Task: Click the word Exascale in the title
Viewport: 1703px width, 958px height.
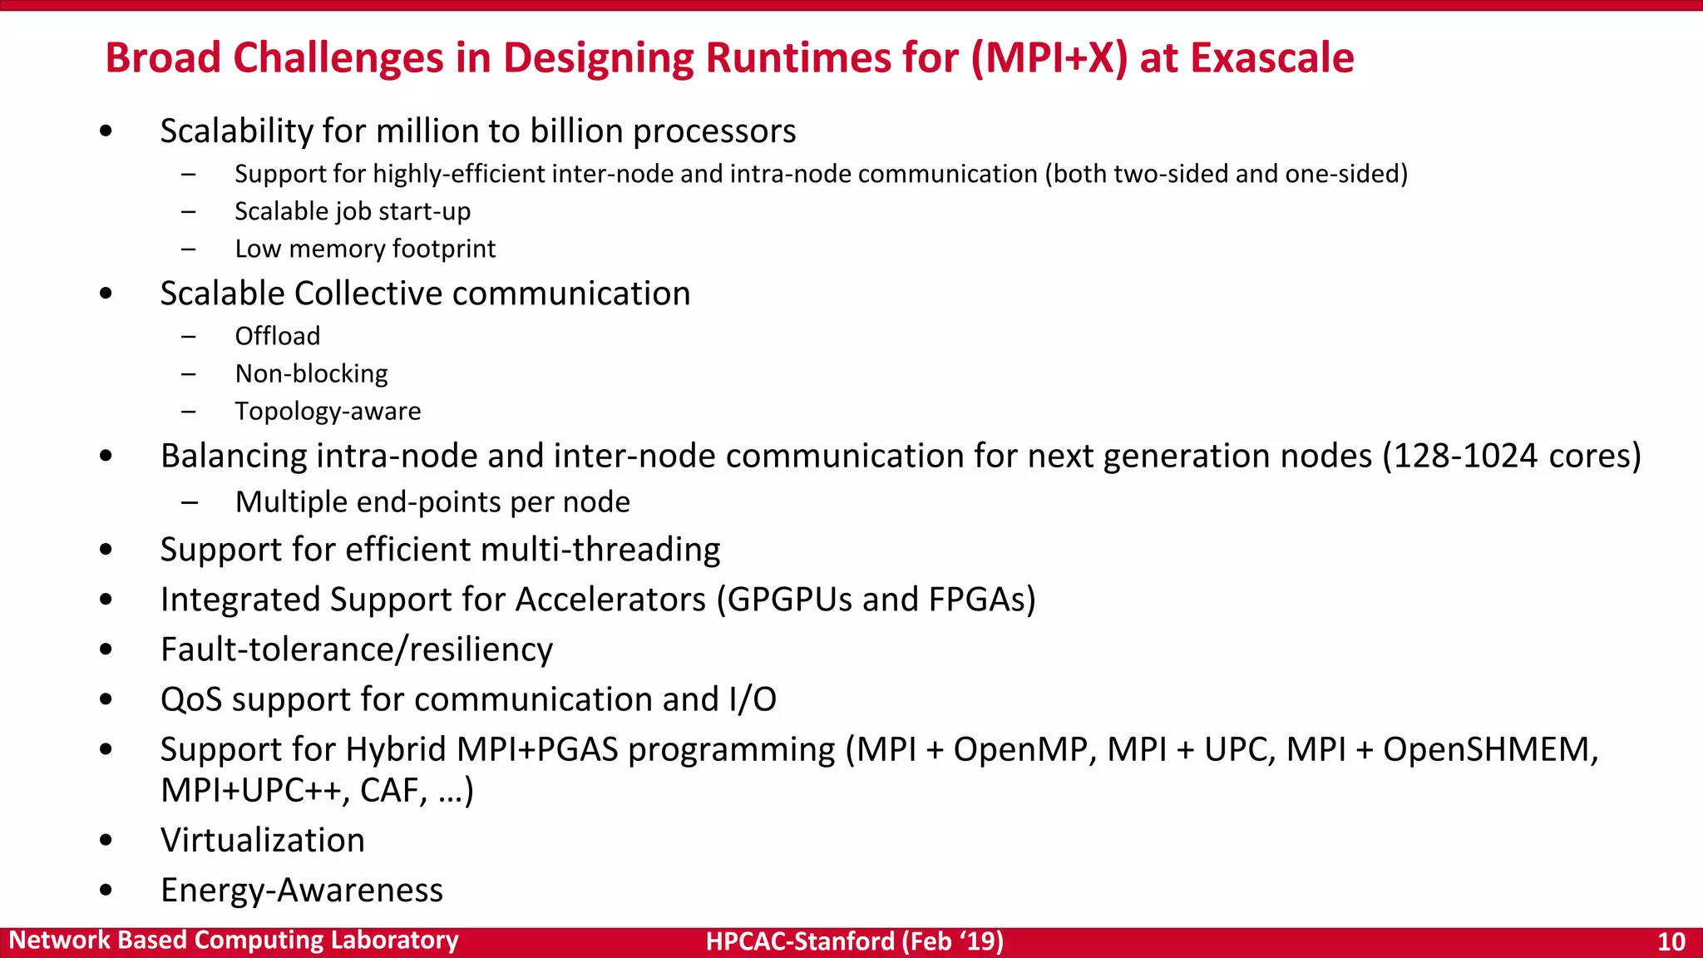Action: (1271, 58)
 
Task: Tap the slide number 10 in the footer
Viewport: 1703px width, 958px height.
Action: (1671, 941)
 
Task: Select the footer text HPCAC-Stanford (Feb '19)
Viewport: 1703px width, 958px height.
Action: (854, 941)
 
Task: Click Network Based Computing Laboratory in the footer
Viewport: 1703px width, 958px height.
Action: (234, 941)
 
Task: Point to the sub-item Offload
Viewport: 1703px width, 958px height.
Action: (277, 336)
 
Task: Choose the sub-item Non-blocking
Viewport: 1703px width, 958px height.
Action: (311, 373)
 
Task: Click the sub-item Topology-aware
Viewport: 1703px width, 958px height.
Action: (328, 411)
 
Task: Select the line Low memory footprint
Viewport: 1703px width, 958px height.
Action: (365, 249)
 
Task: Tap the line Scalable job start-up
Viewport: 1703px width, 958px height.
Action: (353, 211)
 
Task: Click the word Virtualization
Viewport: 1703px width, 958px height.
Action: (263, 840)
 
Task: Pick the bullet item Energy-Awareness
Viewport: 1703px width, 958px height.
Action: (301, 890)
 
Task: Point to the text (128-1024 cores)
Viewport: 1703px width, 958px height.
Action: (1512, 456)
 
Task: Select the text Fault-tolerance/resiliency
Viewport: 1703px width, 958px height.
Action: (356, 649)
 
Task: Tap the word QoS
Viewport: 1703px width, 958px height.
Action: (191, 699)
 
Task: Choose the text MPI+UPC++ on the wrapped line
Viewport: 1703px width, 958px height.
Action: (250, 790)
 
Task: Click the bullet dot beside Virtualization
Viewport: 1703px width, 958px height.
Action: (106, 841)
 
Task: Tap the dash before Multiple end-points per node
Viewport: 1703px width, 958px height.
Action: (190, 502)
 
